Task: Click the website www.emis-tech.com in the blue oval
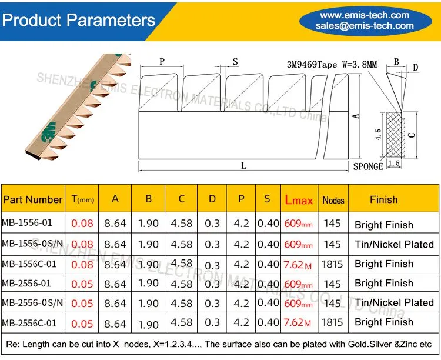coord(365,15)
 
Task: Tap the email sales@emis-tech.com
coord(365,26)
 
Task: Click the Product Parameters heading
coord(78,20)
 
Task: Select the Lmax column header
coord(299,200)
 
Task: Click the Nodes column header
coord(333,200)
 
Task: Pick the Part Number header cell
coord(32,199)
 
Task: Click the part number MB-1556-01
coord(27,222)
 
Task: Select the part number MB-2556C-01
coord(29,323)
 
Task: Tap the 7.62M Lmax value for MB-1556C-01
coord(298,265)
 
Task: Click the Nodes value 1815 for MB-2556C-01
coord(332,322)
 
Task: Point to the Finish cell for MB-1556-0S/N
coord(395,244)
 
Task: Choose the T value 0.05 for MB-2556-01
coord(82,284)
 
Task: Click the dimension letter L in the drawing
coord(243,165)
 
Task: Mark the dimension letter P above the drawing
coord(162,61)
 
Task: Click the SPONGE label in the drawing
coord(368,166)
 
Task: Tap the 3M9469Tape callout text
coord(312,65)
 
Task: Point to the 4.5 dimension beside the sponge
coord(378,134)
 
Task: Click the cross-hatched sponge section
coord(395,135)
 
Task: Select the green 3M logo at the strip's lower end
coord(48,131)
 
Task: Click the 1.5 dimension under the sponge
coord(394,164)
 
